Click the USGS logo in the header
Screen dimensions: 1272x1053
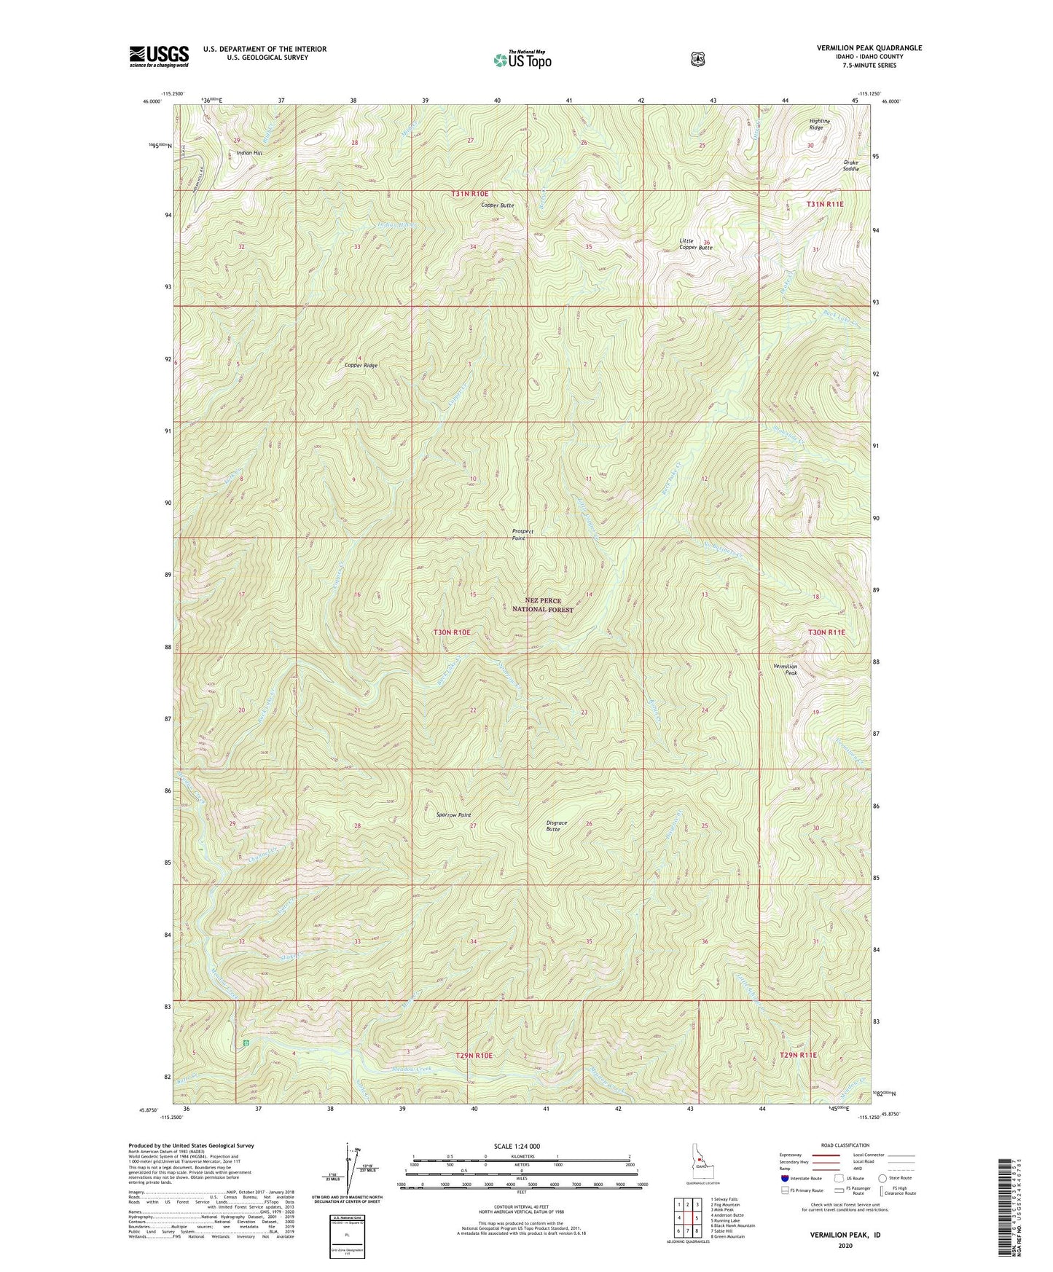click(x=159, y=55)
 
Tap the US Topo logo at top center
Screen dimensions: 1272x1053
click(x=521, y=59)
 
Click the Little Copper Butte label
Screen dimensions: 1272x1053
click(x=694, y=244)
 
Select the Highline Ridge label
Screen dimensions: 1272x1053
click(x=815, y=125)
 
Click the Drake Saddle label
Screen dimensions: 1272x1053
click(x=850, y=165)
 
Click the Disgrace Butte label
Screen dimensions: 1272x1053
click(x=556, y=826)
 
